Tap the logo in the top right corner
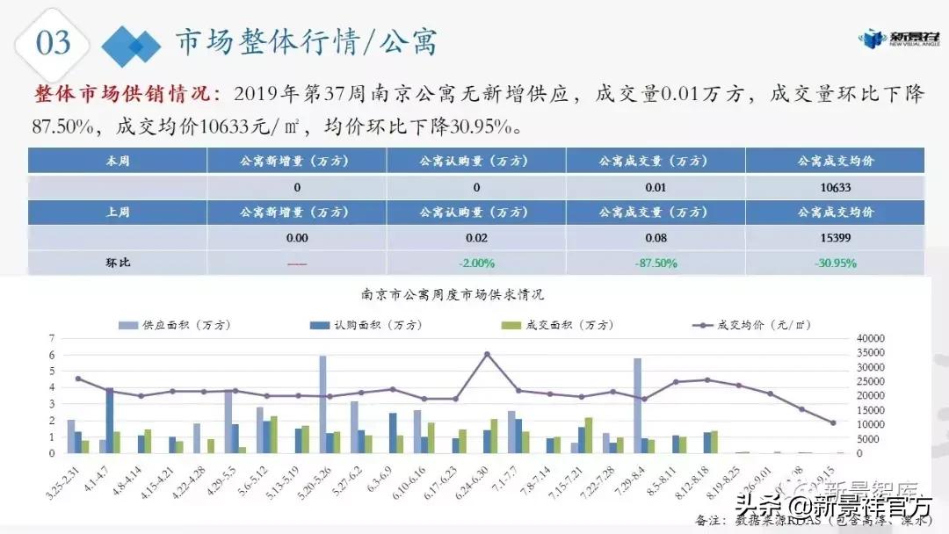[x=895, y=39]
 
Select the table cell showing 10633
[x=836, y=187]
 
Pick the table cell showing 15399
[x=836, y=237]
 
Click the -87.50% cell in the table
[x=656, y=263]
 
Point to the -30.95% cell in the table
[x=836, y=263]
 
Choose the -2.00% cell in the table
[x=476, y=263]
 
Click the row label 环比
[x=118, y=263]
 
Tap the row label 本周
[x=118, y=162]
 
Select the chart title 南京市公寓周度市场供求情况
[x=453, y=294]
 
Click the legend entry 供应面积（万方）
[x=176, y=325]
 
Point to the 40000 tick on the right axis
[x=873, y=338]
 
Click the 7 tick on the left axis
[x=54, y=338]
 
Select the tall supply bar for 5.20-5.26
[x=322, y=404]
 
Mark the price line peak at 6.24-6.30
[x=488, y=354]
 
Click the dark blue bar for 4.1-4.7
[x=110, y=420]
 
